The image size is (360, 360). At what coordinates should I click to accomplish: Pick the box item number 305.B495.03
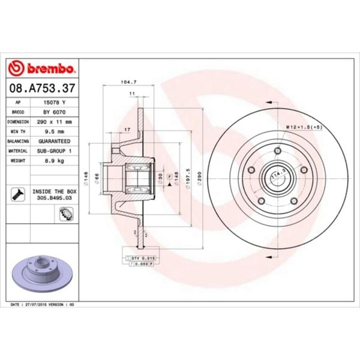pyautogui.click(x=55, y=196)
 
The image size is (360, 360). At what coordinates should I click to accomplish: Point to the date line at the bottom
pyautogui.click(x=45, y=305)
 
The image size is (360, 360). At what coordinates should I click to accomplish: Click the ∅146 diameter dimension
pyautogui.click(x=87, y=178)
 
